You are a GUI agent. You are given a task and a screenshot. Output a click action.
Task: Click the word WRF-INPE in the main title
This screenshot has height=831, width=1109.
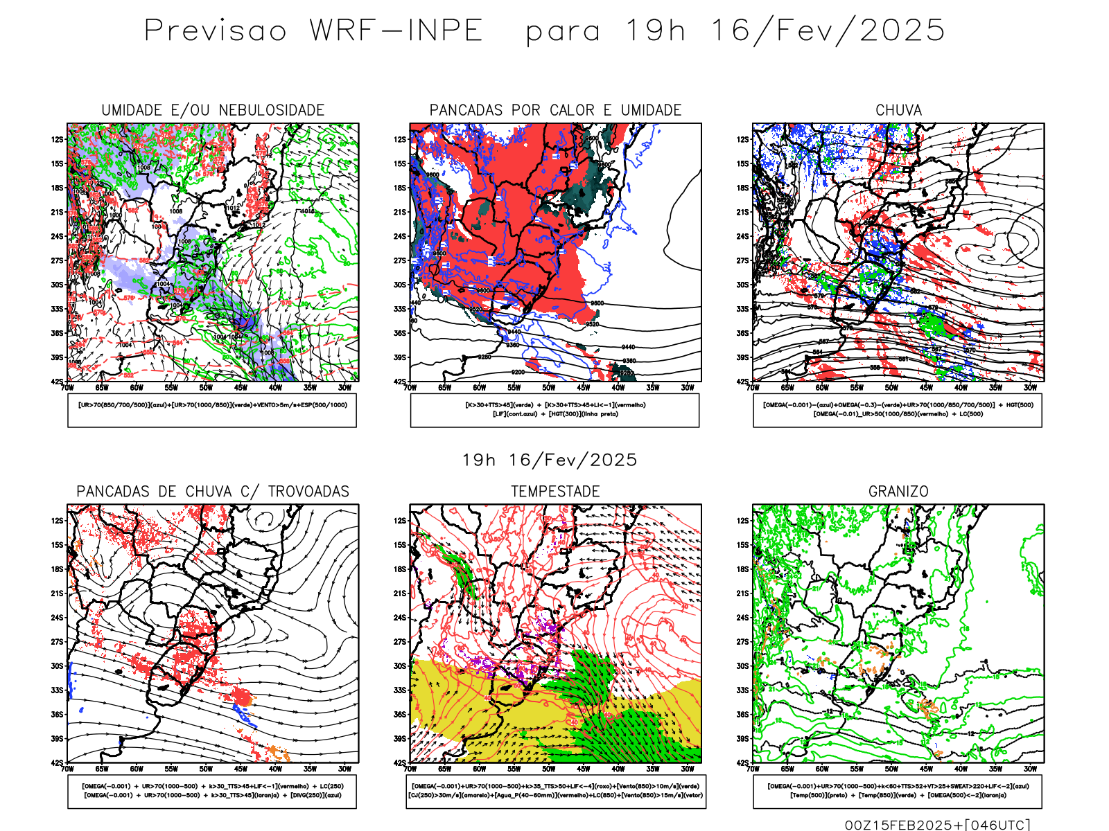(396, 30)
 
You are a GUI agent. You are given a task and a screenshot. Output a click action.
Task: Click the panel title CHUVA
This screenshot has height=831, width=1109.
(898, 110)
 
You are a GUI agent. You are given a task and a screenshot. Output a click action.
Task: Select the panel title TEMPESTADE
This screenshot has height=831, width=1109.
(555, 492)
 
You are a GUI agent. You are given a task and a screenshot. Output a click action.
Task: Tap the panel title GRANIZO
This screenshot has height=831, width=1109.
(898, 492)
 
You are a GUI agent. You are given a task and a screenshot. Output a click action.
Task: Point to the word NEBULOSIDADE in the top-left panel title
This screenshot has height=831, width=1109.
(272, 110)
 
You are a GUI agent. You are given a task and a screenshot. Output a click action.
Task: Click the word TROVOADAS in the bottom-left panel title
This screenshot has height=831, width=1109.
(308, 492)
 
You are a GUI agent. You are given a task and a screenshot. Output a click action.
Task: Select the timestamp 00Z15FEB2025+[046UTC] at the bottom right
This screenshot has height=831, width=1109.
(937, 825)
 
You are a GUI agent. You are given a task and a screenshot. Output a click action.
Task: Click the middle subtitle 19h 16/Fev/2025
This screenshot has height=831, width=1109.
(550, 461)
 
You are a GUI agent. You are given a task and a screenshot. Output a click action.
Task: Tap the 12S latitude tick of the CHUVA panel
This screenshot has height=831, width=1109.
(743, 140)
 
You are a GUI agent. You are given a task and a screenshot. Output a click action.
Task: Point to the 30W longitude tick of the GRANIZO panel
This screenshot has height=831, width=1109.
(1030, 769)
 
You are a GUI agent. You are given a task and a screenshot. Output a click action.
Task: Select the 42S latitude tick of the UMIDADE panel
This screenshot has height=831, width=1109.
(57, 382)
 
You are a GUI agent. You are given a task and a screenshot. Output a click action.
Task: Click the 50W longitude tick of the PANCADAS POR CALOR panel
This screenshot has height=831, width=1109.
(548, 388)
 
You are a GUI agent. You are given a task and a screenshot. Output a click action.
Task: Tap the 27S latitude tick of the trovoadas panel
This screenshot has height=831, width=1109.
(57, 642)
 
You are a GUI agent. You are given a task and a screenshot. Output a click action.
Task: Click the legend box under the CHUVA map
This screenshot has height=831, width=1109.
(898, 410)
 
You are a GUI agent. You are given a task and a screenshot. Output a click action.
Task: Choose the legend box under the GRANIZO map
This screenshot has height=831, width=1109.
(898, 791)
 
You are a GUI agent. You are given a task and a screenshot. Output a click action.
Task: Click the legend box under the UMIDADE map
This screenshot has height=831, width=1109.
(212, 410)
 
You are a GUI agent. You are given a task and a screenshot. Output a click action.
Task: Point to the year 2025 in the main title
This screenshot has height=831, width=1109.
(902, 30)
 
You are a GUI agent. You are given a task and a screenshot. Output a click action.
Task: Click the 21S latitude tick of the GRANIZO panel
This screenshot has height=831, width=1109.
(743, 593)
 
